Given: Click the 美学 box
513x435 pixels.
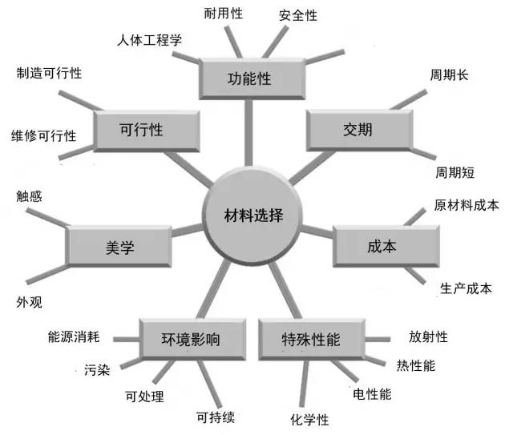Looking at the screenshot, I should [119, 248].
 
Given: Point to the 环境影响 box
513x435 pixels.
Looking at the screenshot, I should [188, 339].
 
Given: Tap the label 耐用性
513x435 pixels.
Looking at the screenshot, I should [224, 14].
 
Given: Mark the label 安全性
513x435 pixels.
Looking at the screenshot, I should [298, 15].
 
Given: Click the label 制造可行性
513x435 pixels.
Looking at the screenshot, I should [49, 73].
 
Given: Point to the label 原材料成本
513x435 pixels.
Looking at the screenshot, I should [467, 204].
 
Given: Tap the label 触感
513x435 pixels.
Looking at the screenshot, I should [29, 195].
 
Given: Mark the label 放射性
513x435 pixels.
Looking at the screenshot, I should [427, 337].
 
